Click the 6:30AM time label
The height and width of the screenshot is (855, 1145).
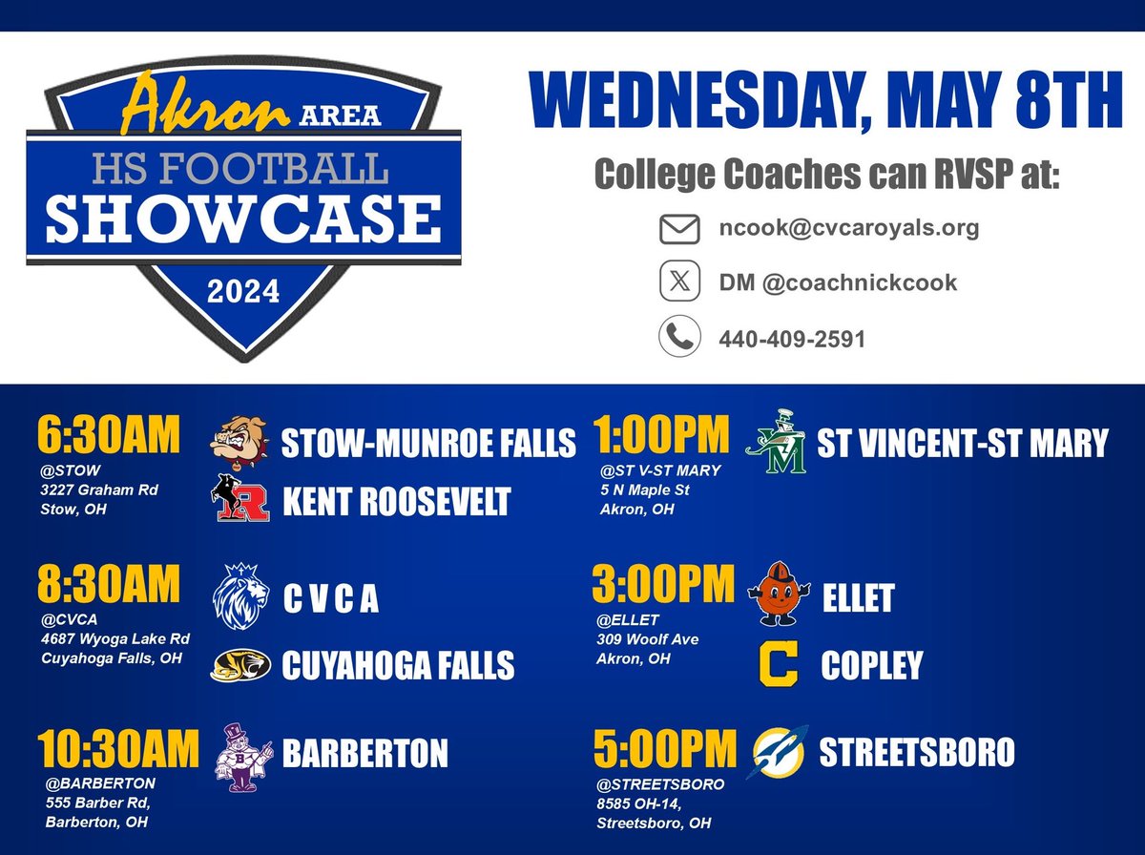pyautogui.click(x=108, y=435)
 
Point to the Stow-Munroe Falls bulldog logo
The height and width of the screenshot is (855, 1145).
pyautogui.click(x=238, y=440)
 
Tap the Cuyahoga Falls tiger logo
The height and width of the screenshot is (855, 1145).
pyautogui.click(x=239, y=665)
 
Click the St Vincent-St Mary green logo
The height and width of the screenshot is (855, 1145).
pyautogui.click(x=776, y=442)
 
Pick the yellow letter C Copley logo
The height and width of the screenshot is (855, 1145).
pyautogui.click(x=778, y=665)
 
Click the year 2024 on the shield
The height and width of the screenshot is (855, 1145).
pyautogui.click(x=243, y=290)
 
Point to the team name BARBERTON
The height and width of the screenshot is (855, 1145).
pyautogui.click(x=364, y=753)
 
